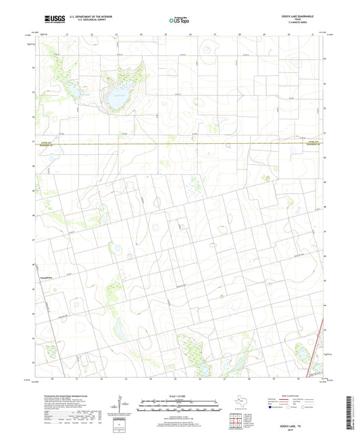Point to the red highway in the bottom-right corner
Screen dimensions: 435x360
point(313,365)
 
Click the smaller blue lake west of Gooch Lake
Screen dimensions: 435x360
point(69,88)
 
